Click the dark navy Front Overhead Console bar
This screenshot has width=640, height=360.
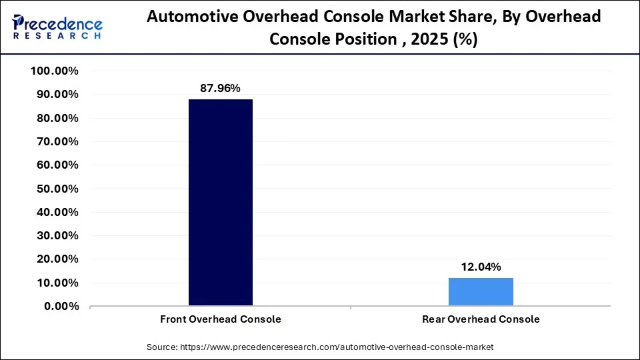coord(221,203)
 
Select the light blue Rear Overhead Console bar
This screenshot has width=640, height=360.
coord(481,292)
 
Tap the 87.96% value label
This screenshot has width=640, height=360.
coord(220,88)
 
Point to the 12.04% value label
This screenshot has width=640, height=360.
coord(481,267)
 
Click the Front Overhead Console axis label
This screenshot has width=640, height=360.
coord(221,319)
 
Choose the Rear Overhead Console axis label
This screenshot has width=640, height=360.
coord(481,319)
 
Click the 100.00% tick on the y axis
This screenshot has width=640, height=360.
coord(55,71)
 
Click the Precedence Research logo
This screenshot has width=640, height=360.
coord(57,27)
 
